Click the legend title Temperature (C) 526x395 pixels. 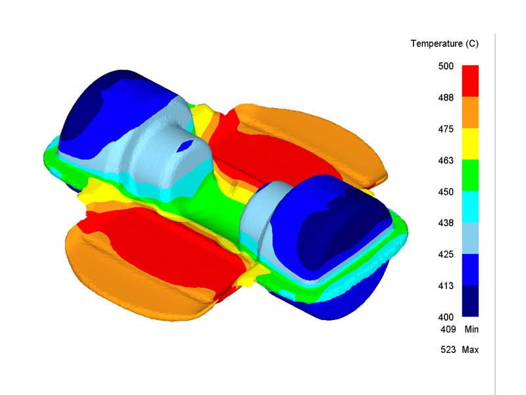pos(444,43)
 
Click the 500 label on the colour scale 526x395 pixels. pos(446,66)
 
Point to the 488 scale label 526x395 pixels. pos(446,97)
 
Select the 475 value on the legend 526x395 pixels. pos(446,129)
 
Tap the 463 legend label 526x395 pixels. pos(446,161)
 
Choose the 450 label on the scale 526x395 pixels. pos(446,192)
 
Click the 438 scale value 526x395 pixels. pos(446,223)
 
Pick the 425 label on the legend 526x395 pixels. pos(446,254)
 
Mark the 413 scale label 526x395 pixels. pos(446,286)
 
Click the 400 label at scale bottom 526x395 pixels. pos(446,317)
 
